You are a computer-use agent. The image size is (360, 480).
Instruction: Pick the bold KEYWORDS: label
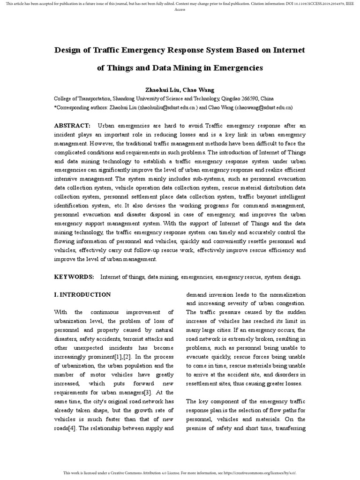74,277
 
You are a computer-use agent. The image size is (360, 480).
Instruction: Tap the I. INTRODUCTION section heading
82,295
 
